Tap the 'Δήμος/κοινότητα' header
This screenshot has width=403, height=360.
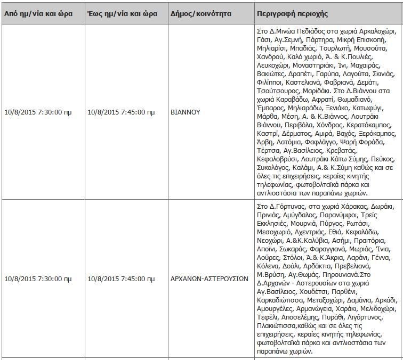pyautogui.click(x=197, y=13)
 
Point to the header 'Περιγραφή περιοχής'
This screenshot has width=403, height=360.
pyautogui.click(x=292, y=13)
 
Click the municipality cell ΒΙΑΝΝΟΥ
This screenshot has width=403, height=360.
pyautogui.click(x=184, y=112)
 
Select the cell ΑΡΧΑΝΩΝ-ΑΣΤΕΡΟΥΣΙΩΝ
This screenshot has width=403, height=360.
pyautogui.click(x=209, y=279)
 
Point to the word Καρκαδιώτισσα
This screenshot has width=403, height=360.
pyautogui.click(x=280, y=300)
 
